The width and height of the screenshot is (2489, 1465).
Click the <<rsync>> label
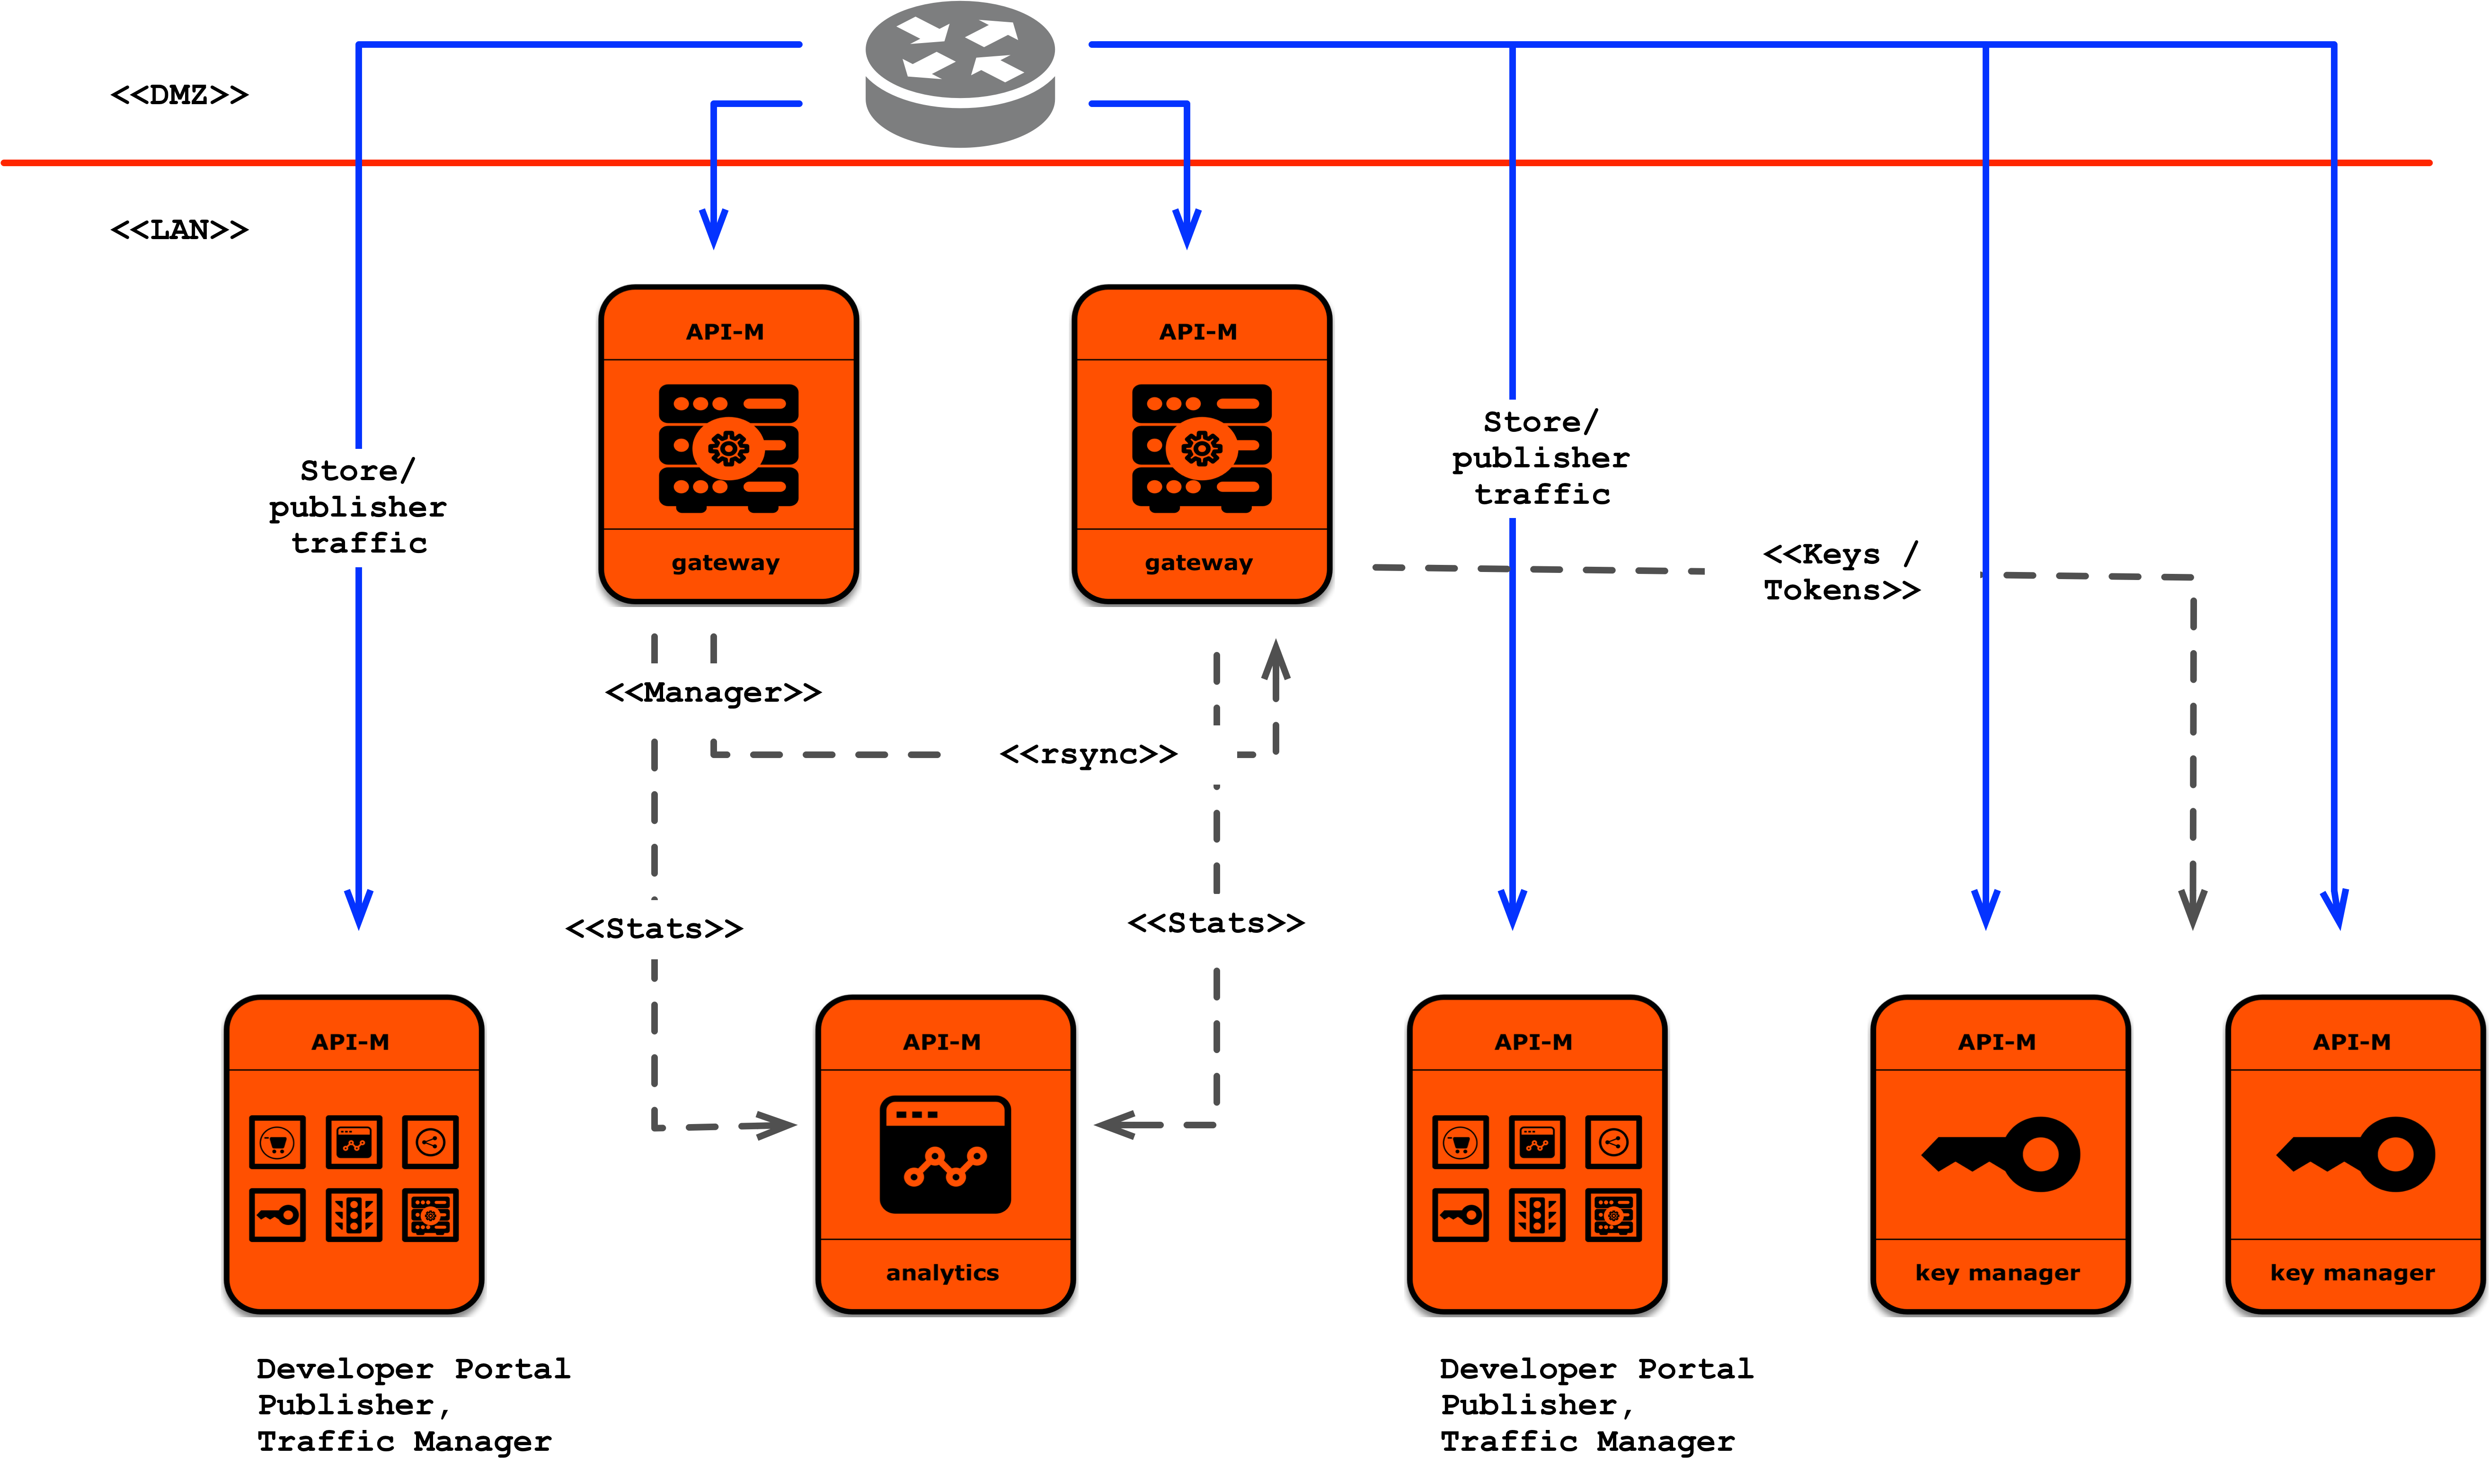(1089, 755)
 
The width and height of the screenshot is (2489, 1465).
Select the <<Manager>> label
(713, 693)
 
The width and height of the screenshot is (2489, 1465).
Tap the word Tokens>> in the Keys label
(1842, 591)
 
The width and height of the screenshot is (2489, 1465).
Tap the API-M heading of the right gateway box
(1198, 332)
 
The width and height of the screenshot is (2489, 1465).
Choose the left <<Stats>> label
(654, 929)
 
